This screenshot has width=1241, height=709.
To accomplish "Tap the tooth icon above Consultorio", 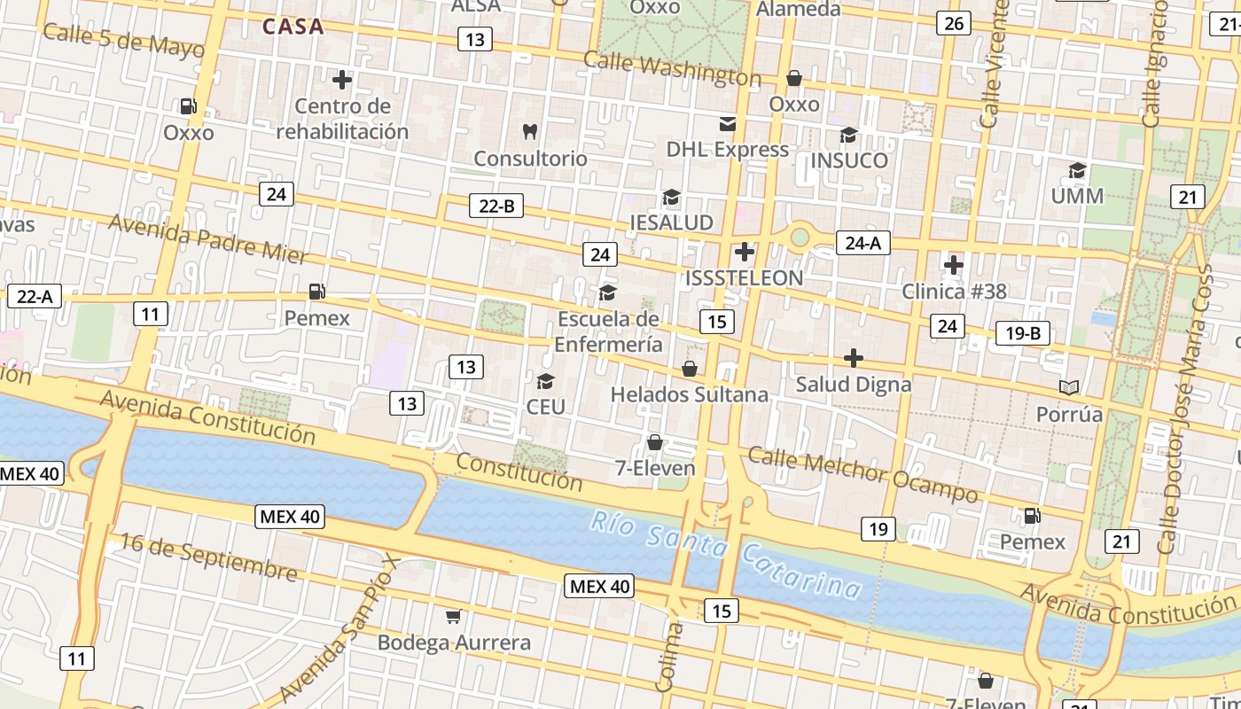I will pos(530,132).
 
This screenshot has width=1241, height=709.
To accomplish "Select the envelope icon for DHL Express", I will pos(728,123).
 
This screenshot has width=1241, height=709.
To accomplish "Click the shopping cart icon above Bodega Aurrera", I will pos(454,616).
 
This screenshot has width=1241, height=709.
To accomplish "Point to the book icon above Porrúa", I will pos(1070,387).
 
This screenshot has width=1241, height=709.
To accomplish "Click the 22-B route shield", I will pos(496,206).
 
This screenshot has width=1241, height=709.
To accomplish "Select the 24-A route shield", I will pos(862,242).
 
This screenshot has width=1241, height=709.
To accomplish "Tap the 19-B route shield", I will pos(1022,333).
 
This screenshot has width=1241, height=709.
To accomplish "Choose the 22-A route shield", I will pos(35,296).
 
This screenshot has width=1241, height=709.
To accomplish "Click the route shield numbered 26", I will pos(954,23).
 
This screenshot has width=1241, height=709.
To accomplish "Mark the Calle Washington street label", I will pos(672,69).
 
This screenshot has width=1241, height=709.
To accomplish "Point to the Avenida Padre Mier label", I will pos(207,238).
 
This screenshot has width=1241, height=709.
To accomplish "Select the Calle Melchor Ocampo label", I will pos(862,473).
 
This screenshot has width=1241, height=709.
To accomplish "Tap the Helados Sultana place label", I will pos(689,394).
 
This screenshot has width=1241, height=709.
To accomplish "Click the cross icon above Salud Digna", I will pos(853,358).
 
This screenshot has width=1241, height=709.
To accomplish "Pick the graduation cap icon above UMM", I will pos(1077,170).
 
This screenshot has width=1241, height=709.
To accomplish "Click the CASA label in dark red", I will pos(293,27).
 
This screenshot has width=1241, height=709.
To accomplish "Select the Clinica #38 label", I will pos(954,291).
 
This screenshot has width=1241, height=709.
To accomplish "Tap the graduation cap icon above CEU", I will pos(545,381).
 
